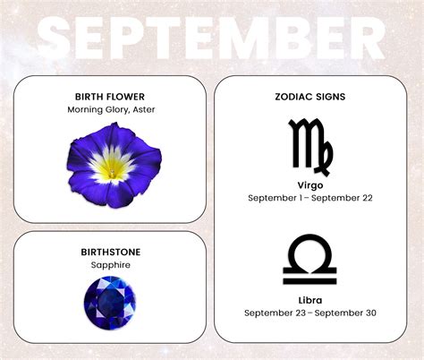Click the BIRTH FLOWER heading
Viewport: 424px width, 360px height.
pos(110,97)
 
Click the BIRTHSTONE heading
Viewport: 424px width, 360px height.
pos(110,252)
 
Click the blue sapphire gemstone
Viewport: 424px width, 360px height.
pos(110,302)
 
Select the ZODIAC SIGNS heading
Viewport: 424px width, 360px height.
pos(310,97)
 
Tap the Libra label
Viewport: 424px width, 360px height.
pos(310,300)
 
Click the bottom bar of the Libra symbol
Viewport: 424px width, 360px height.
pos(310,279)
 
